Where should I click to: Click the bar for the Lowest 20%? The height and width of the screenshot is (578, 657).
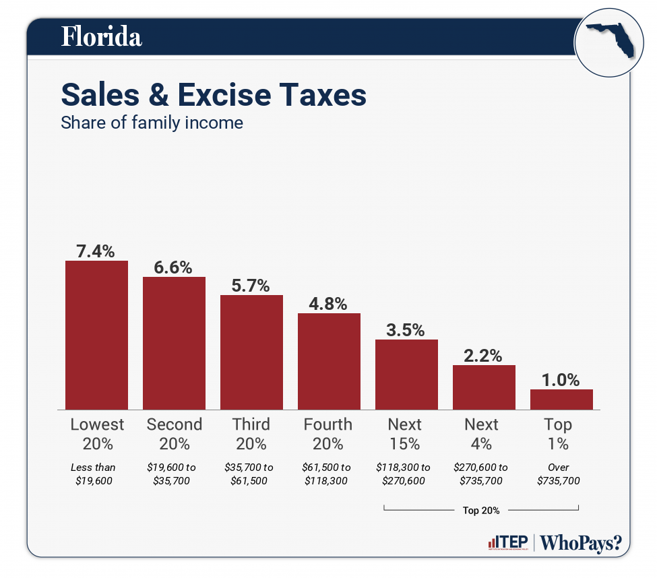96,335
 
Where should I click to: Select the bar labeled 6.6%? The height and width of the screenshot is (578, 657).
174,343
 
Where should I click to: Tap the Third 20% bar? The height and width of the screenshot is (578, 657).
251,352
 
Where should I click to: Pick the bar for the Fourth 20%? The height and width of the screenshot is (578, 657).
329,361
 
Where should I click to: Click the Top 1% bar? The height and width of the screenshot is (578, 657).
561,399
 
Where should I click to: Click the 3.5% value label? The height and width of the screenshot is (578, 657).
406,330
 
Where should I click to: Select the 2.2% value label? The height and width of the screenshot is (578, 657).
484,356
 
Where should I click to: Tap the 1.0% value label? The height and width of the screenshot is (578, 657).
561,380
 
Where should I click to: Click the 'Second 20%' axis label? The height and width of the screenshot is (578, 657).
174,434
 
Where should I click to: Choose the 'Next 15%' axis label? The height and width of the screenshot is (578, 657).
404,434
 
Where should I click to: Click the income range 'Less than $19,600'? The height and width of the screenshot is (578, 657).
93,474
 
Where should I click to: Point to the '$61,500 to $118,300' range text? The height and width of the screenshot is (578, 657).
327,474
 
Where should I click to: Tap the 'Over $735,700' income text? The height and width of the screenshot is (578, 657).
558,474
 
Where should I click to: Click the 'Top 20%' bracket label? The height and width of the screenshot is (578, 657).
480,511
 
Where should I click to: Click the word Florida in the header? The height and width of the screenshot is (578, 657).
102,37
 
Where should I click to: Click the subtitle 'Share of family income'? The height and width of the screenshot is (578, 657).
152,123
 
